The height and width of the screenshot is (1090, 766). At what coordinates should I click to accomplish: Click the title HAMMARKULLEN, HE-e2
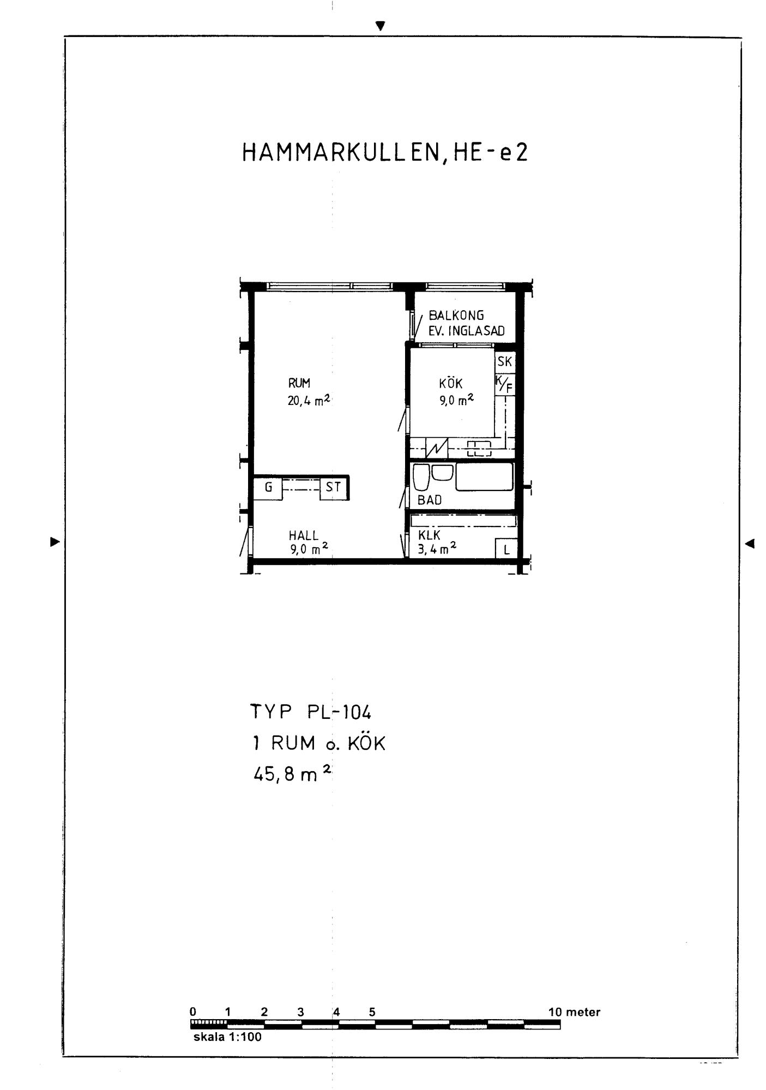click(385, 153)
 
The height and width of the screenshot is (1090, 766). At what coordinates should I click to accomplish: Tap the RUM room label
click(299, 383)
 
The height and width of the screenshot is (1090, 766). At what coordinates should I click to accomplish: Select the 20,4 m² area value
click(309, 401)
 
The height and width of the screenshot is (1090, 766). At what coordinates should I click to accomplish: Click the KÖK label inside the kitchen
click(450, 383)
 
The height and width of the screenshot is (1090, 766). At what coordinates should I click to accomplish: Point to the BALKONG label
click(456, 315)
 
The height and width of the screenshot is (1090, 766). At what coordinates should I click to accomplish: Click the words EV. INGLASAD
click(467, 330)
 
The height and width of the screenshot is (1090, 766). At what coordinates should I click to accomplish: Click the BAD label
click(430, 500)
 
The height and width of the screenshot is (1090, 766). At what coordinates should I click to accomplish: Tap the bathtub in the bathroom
click(485, 477)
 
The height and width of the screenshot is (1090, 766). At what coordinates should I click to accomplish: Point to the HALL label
click(304, 536)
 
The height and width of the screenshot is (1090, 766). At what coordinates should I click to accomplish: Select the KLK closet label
click(429, 536)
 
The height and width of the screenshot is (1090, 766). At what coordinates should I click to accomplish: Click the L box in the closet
click(506, 549)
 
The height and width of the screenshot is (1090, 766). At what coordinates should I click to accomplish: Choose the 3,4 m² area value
click(437, 549)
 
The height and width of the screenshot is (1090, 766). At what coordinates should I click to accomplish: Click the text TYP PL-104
click(311, 712)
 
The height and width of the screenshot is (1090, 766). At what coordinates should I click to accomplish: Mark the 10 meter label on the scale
click(574, 1012)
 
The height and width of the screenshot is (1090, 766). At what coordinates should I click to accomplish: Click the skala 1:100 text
click(227, 1037)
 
